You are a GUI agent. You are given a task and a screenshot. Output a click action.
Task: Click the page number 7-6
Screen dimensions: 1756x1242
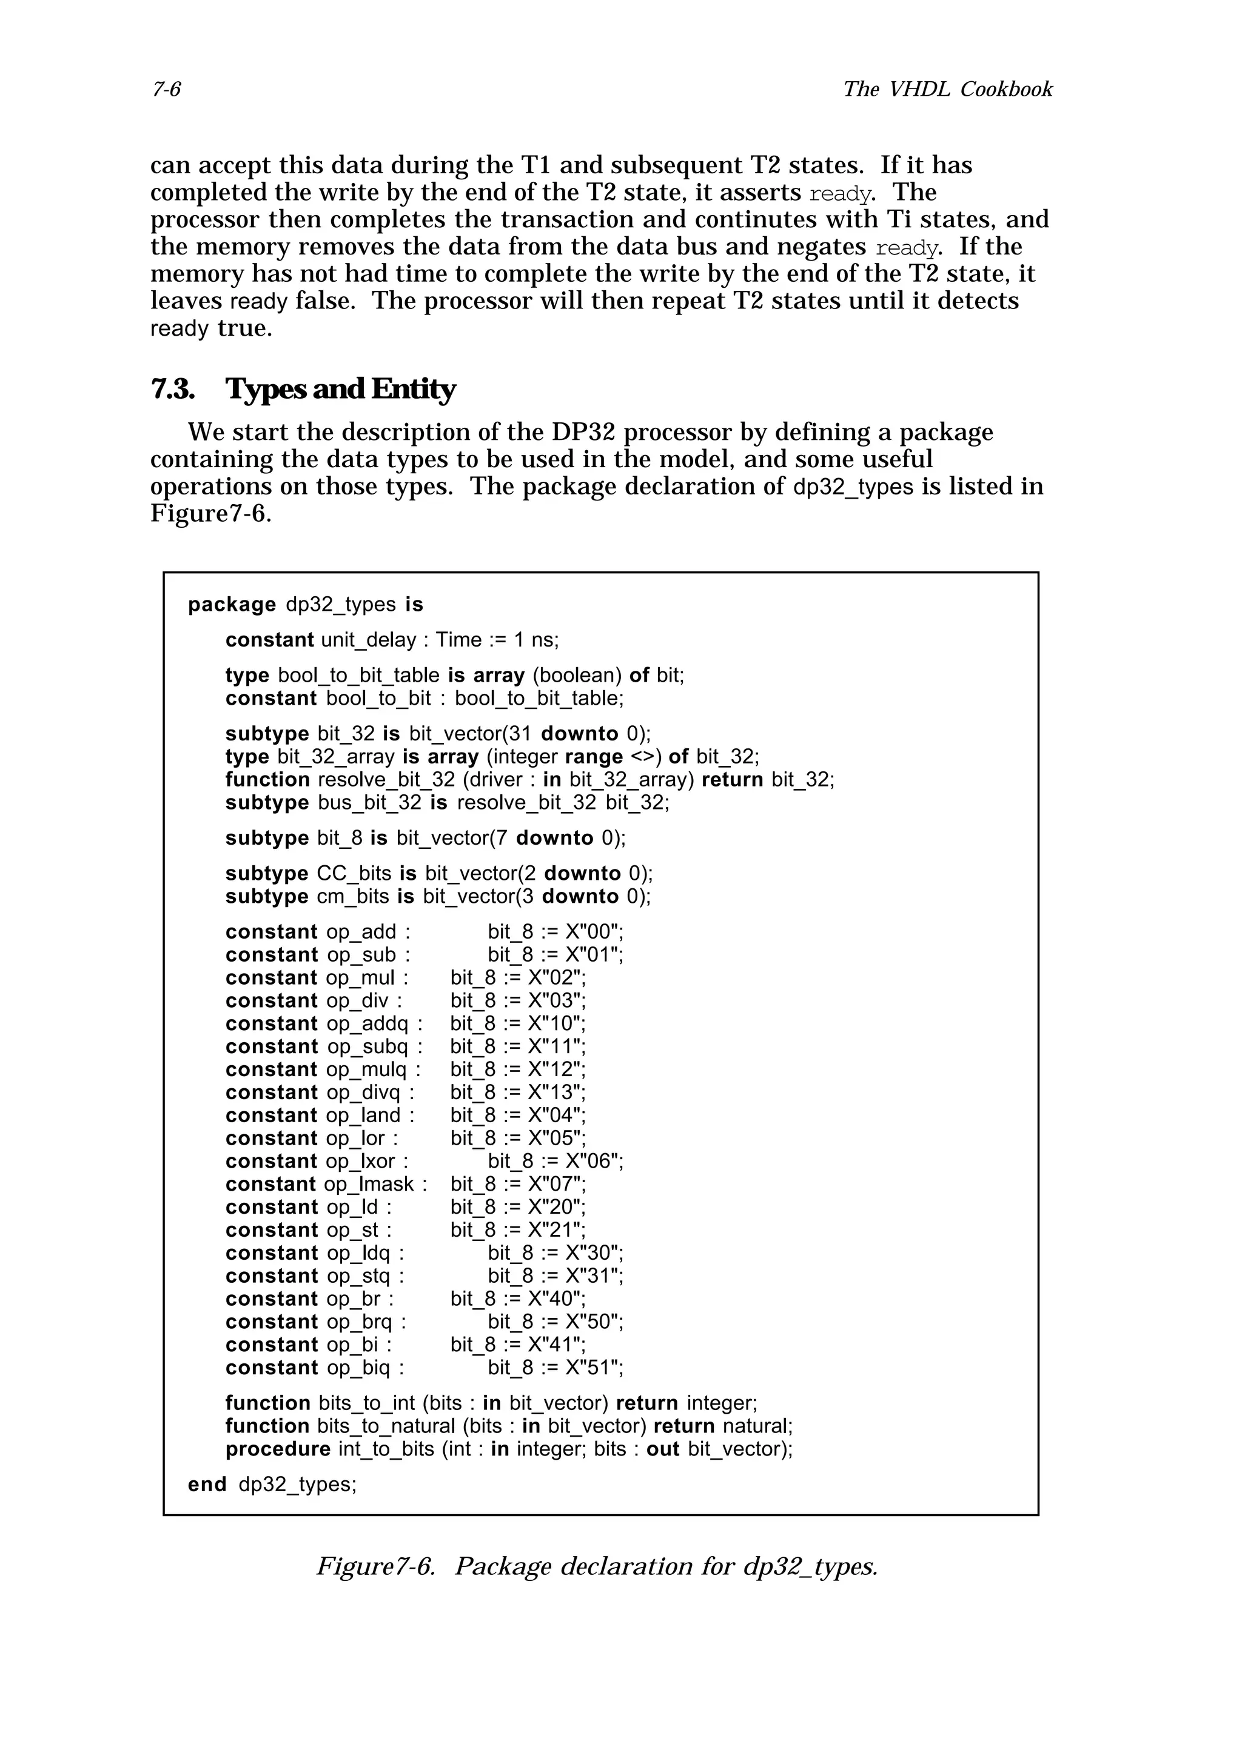coord(166,90)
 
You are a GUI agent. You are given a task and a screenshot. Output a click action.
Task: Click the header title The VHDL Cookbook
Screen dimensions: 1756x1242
coord(947,90)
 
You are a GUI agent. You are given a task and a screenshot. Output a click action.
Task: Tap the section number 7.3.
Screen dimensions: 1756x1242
coord(172,389)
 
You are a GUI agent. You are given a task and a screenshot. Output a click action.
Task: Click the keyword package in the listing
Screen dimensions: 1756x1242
coord(231,604)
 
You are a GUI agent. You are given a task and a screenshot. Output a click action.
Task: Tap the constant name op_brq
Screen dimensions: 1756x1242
coord(359,1322)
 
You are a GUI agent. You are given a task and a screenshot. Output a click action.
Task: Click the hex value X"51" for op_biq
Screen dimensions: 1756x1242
coord(594,1368)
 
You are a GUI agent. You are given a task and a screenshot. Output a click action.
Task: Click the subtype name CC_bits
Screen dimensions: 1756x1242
coord(354,873)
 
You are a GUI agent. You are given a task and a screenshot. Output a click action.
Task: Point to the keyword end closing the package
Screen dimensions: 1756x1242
coord(207,1485)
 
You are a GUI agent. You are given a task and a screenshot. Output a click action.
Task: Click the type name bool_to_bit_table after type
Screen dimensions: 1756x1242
coord(358,676)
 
